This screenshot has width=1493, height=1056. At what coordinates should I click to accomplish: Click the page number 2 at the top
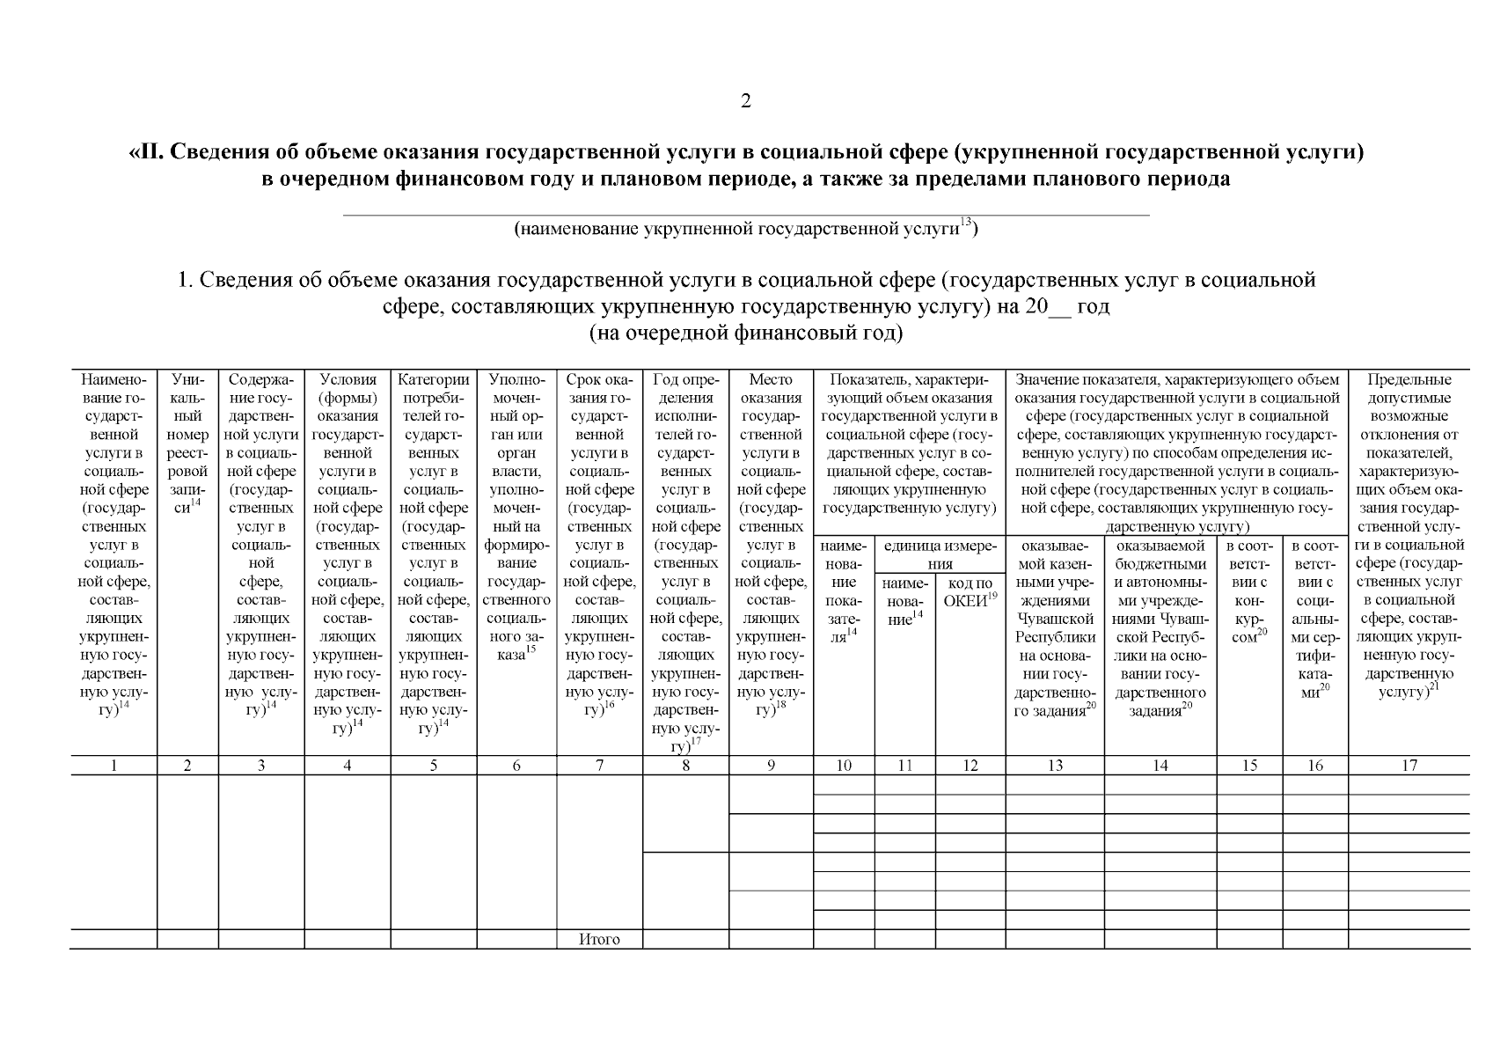coord(746,101)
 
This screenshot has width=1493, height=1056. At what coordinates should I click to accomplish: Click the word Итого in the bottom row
coord(599,939)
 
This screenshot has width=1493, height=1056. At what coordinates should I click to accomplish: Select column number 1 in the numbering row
coord(113,766)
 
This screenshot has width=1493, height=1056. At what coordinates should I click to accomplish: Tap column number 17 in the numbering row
coord(1409,766)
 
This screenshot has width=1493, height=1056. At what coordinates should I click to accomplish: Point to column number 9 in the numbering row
coord(771,766)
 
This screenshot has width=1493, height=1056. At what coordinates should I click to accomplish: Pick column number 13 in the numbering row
coord(1055,766)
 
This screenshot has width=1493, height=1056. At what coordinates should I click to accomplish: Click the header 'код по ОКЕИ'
coord(970,591)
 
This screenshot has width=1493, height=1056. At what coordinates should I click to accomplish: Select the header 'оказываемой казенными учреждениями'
coord(1055,627)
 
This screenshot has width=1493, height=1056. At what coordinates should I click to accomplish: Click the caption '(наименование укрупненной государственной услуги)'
coord(745,230)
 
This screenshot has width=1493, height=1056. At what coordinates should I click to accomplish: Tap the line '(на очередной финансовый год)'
coord(745,334)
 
